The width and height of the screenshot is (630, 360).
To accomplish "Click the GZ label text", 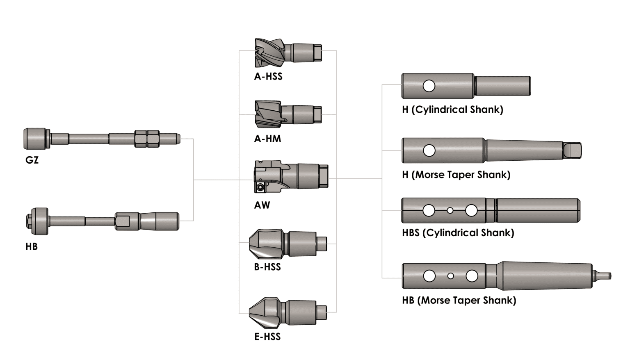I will (32, 160).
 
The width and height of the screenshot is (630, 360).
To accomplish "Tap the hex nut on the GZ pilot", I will (147, 139).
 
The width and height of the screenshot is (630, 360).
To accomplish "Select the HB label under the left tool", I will (32, 246).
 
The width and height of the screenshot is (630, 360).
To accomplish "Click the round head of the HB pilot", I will (39, 221).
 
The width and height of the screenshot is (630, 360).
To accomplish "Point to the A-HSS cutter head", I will (269, 53).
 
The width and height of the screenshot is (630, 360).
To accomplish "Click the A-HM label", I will (267, 139).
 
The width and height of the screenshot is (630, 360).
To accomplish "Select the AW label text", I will (262, 205).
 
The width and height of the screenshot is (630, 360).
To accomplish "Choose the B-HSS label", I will (267, 267).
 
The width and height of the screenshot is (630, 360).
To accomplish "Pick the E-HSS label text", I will (267, 337).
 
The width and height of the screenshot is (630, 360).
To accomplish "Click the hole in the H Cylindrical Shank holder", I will (429, 86).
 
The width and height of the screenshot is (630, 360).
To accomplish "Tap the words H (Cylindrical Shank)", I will (452, 109).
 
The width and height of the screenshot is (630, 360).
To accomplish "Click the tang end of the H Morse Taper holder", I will (572, 150).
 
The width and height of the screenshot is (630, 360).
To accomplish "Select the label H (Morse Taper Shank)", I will (456, 175).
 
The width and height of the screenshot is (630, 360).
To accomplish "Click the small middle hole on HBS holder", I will (450, 210).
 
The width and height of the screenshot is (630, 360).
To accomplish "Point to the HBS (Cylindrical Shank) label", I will (458, 233).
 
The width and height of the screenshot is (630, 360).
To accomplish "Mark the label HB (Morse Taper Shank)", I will (459, 301).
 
